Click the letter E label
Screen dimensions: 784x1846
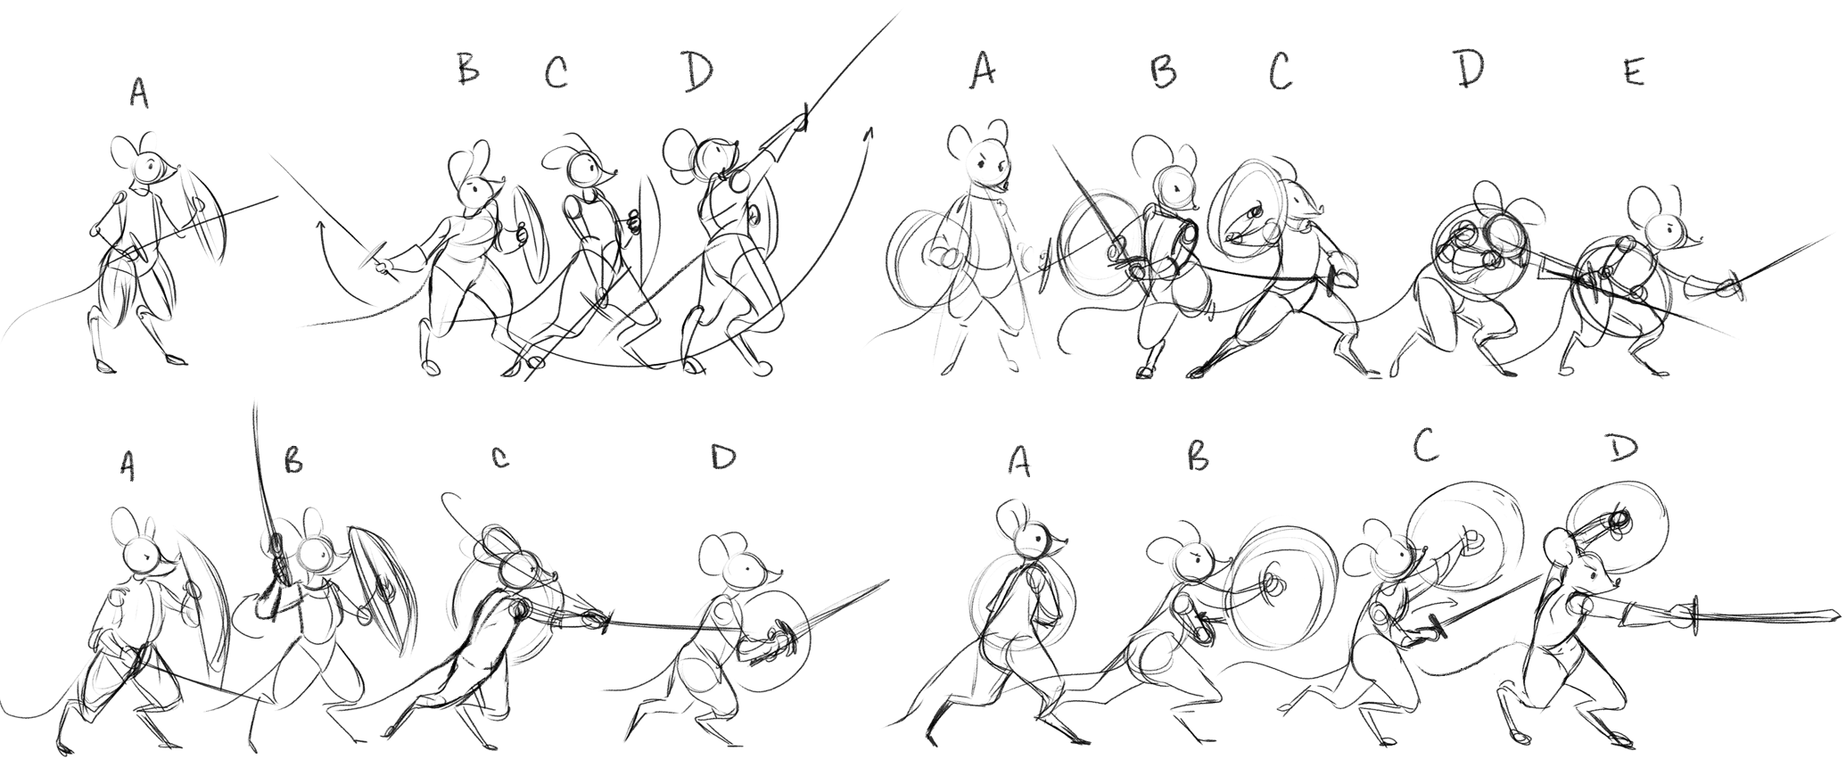click(x=1633, y=74)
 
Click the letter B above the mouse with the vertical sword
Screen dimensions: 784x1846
click(x=293, y=459)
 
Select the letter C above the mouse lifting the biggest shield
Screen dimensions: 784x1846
click(x=1424, y=445)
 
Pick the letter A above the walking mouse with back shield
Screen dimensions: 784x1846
click(x=1020, y=459)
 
